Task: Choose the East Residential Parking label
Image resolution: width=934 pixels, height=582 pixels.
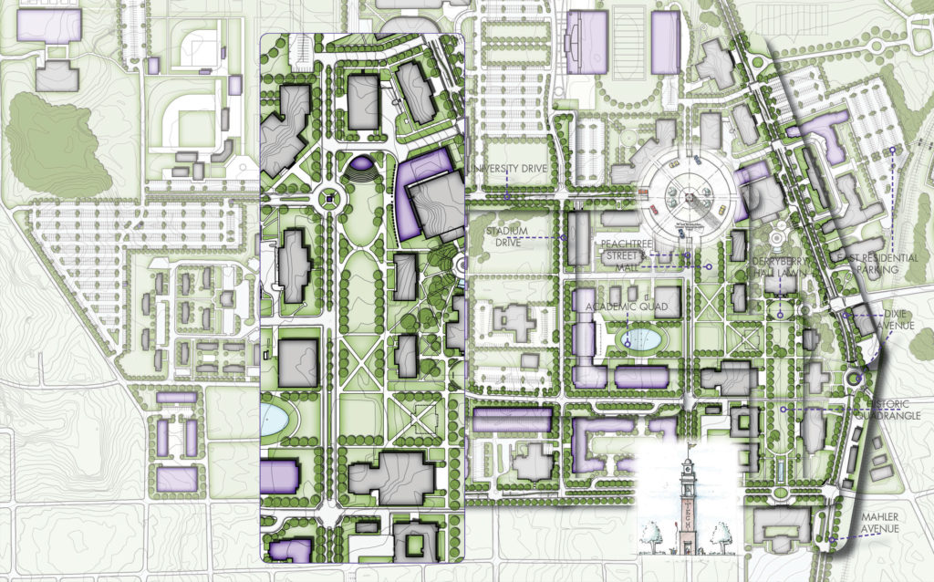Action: click(867, 264)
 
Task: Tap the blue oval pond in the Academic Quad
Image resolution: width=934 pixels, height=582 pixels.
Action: click(643, 341)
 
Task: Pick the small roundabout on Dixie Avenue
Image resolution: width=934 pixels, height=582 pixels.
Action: click(854, 377)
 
